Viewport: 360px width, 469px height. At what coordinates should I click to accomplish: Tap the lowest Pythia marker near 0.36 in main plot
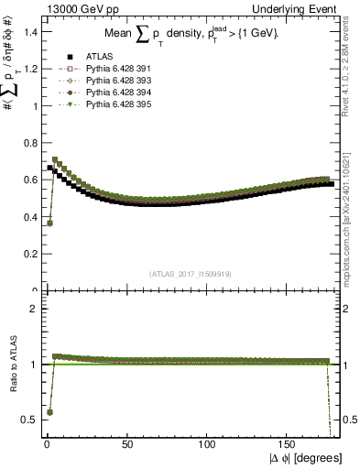click(49, 223)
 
